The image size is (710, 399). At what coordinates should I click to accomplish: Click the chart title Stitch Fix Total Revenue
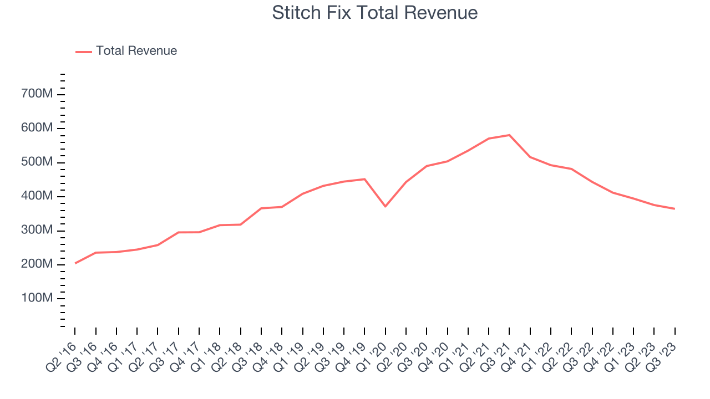click(x=374, y=12)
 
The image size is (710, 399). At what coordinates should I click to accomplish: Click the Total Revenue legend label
click(x=136, y=51)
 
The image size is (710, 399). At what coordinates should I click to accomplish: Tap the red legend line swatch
click(x=83, y=52)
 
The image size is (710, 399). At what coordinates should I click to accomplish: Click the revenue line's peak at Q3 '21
click(x=509, y=135)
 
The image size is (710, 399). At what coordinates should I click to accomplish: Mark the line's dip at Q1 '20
click(x=385, y=206)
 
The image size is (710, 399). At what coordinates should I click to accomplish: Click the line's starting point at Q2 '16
click(x=75, y=263)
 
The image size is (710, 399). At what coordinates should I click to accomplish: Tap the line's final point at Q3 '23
click(x=674, y=209)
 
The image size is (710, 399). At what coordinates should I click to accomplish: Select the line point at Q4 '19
click(x=364, y=179)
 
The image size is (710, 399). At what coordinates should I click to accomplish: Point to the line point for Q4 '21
click(x=530, y=157)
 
